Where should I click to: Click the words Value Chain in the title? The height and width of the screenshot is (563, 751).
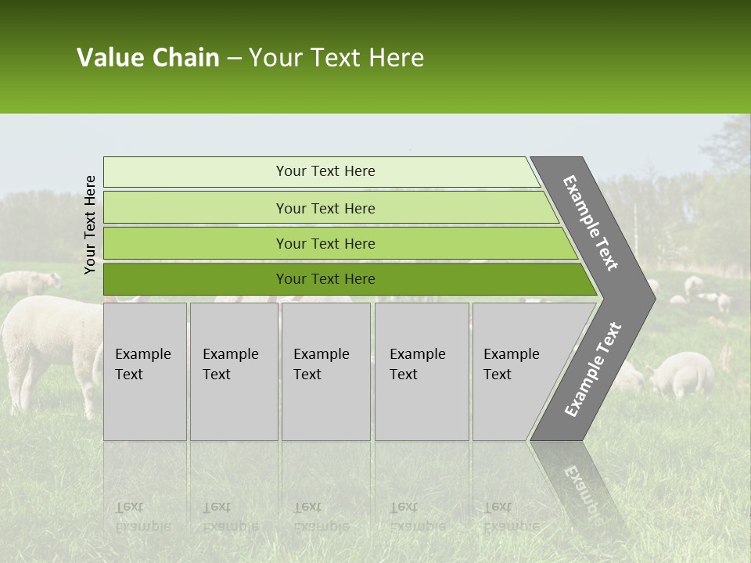[x=148, y=58]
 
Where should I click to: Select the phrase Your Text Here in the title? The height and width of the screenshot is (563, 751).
[x=336, y=58]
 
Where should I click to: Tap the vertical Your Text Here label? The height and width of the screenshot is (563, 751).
[x=90, y=224]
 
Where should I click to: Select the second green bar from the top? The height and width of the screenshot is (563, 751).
[x=325, y=208]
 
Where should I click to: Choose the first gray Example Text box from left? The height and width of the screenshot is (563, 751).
[x=145, y=371]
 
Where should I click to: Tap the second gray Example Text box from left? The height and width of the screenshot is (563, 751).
[x=233, y=371]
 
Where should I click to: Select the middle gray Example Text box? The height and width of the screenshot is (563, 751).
[x=325, y=371]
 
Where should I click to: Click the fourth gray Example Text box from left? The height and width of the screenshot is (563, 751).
[x=421, y=371]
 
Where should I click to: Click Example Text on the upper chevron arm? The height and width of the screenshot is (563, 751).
[x=591, y=223]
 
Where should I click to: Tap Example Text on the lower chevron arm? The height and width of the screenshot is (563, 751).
[x=592, y=369]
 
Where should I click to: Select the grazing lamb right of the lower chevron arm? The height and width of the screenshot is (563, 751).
[x=682, y=374]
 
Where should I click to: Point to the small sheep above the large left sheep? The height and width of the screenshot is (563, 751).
[x=31, y=283]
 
